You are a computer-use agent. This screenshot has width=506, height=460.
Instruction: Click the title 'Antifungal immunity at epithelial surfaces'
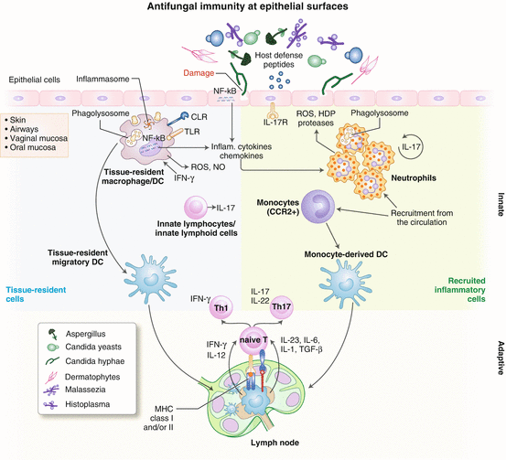click(252, 8)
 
